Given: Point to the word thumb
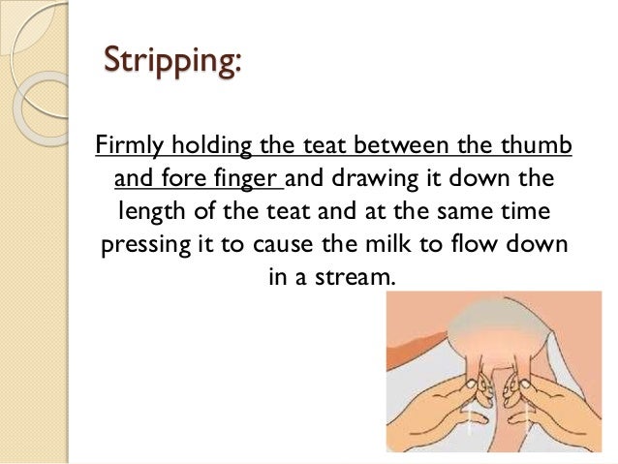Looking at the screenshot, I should (541, 146).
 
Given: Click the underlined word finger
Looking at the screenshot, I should (245, 179).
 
